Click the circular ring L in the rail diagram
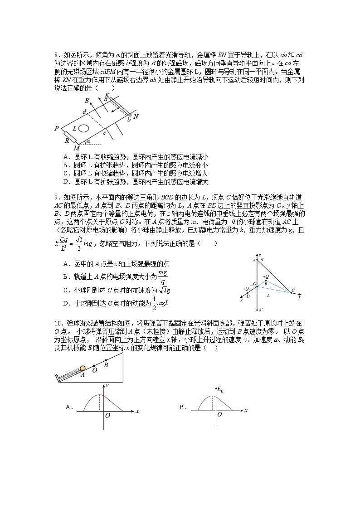pos(83,129)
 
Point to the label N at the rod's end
pos(136,116)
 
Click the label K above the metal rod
pos(107,94)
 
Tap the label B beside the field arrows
pos(87,101)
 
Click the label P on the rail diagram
pos(57,129)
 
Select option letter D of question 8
pos(66,182)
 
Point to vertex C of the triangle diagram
pos(293,290)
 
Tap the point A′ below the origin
pos(259,310)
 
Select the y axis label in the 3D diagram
pos(242,300)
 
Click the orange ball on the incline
pos(83,368)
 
